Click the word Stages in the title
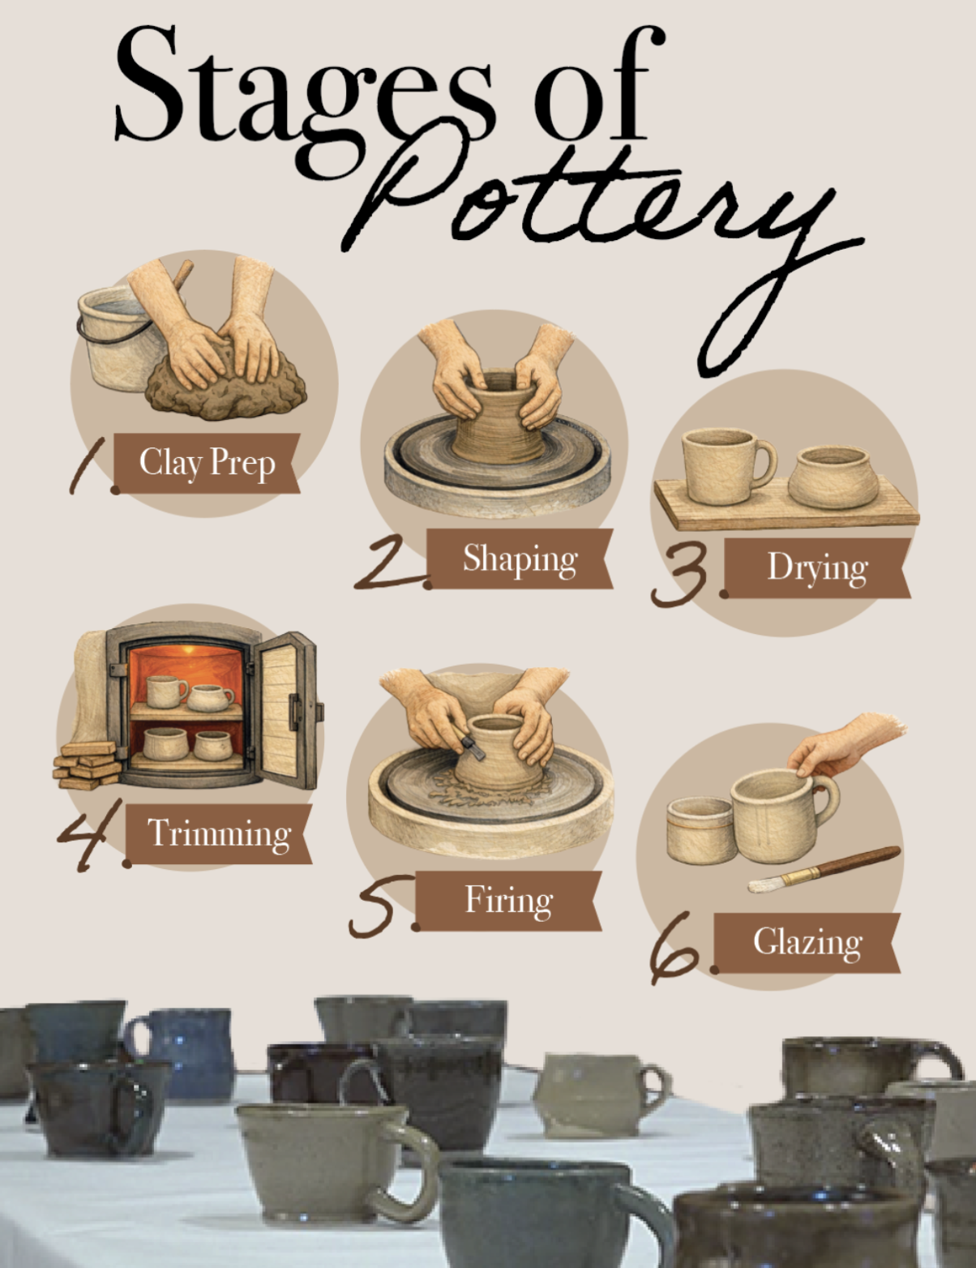coord(303,96)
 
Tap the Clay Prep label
coord(207,463)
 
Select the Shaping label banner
coord(520,559)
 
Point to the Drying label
coord(817,568)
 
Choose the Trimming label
coord(219,833)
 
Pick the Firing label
coord(508,901)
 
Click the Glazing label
coord(807,943)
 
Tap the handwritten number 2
coord(392,564)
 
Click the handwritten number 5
coord(382,905)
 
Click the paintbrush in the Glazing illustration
coord(824,870)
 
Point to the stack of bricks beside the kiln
coord(87,765)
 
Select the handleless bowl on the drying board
coord(833,478)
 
